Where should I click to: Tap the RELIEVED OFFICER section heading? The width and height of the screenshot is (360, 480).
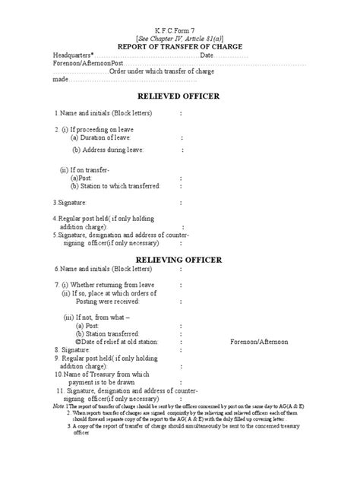pyautogui.click(x=179, y=96)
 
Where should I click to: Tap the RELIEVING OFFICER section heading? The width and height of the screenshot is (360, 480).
pyautogui.click(x=179, y=260)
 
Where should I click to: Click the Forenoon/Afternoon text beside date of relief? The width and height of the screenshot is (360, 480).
pyautogui.click(x=259, y=342)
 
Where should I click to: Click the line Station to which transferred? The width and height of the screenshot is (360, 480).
pyautogui.click(x=115, y=185)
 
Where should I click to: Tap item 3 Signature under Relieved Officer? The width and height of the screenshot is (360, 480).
pyautogui.click(x=70, y=203)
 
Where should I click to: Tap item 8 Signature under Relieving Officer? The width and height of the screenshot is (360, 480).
pyautogui.click(x=71, y=351)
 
